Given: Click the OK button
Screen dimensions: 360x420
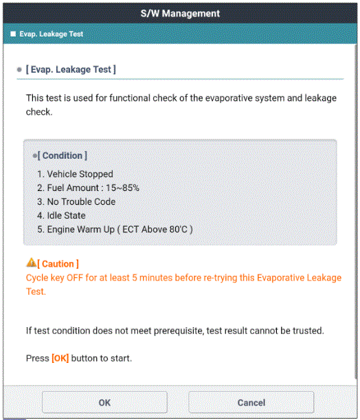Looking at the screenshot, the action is point(104,402).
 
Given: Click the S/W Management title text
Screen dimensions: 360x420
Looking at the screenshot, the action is point(180,13).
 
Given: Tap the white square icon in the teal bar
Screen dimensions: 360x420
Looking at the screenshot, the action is point(13,34).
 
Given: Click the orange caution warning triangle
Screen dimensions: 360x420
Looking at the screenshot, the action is point(31,263).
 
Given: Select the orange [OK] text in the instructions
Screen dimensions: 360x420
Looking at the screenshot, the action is point(60,358).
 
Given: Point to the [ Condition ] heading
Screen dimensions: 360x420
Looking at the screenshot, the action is point(62,155).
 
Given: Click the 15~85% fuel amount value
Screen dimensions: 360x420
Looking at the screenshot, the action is point(122,188).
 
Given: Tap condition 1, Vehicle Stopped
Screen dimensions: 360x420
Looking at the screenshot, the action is point(75,174).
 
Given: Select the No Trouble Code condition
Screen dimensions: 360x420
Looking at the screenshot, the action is point(76,201).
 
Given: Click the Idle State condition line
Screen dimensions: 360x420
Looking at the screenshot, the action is point(62,215).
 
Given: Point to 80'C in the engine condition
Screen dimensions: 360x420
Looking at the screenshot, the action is point(178,230).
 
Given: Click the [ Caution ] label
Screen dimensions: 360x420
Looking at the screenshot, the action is point(58,264).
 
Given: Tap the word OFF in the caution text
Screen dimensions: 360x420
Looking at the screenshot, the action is point(75,278).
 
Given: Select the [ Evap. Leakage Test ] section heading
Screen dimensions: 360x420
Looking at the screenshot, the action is point(71,69).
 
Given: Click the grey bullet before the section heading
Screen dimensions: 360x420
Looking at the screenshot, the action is point(19,69).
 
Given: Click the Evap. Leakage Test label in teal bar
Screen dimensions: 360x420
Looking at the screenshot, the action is point(52,34).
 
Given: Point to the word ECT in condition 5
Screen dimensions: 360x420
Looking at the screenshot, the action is point(131,230).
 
